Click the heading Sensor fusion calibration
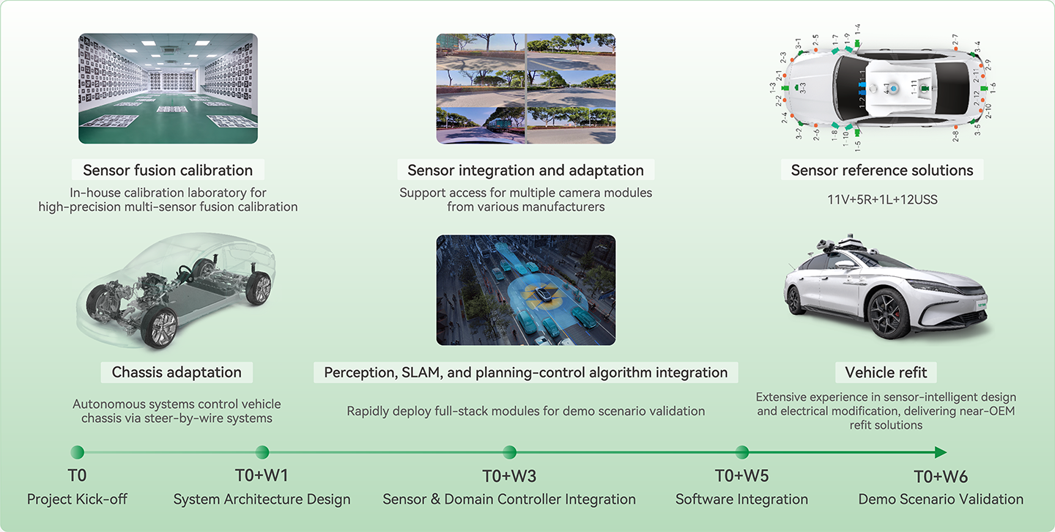[x=168, y=171]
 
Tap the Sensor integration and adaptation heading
[x=525, y=171]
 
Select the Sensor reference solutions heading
[x=882, y=171]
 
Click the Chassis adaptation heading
[x=177, y=372]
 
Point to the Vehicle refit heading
[x=886, y=372]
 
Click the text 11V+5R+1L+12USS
[x=882, y=199]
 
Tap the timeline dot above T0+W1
[x=262, y=452]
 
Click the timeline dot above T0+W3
[x=510, y=452]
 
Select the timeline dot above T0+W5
[x=742, y=452]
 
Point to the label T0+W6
[x=941, y=477]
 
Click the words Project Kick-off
[x=77, y=499]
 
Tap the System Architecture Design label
[x=262, y=499]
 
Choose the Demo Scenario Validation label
[x=941, y=499]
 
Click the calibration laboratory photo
[x=168, y=88]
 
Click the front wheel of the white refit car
[x=888, y=314]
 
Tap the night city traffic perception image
[x=525, y=290]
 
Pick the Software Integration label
[x=741, y=499]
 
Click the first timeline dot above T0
[x=77, y=452]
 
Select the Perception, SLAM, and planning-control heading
[x=525, y=372]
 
